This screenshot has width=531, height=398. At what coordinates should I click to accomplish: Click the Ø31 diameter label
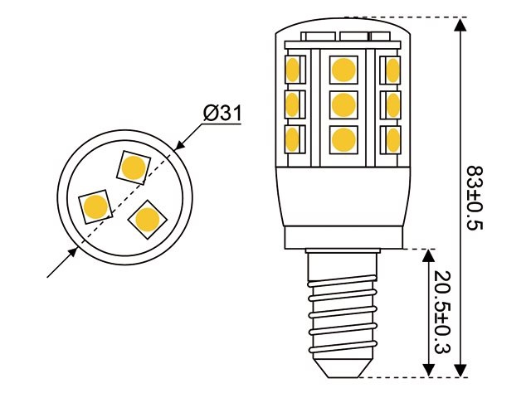pos(222,113)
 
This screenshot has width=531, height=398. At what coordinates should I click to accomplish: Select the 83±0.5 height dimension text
pos(474,199)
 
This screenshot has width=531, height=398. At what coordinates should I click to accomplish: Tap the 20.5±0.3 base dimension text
pos(442,311)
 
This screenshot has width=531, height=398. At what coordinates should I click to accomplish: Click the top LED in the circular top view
pos(133,167)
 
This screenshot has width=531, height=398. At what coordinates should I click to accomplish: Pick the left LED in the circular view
pos(95,206)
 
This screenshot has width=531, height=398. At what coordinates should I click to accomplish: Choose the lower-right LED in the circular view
pos(148,219)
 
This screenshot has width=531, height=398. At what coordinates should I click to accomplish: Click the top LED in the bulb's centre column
pos(342,68)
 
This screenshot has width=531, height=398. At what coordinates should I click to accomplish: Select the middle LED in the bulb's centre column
pos(342,104)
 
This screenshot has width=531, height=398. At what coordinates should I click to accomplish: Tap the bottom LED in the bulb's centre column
pos(342,139)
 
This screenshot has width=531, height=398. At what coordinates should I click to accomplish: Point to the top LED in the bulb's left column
pos(292,68)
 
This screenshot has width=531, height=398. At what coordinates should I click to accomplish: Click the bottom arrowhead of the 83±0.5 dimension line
pos(461,369)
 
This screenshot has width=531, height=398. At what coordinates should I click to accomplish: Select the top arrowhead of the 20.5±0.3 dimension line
pos(430,255)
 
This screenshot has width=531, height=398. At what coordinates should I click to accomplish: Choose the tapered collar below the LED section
pos(342,199)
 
